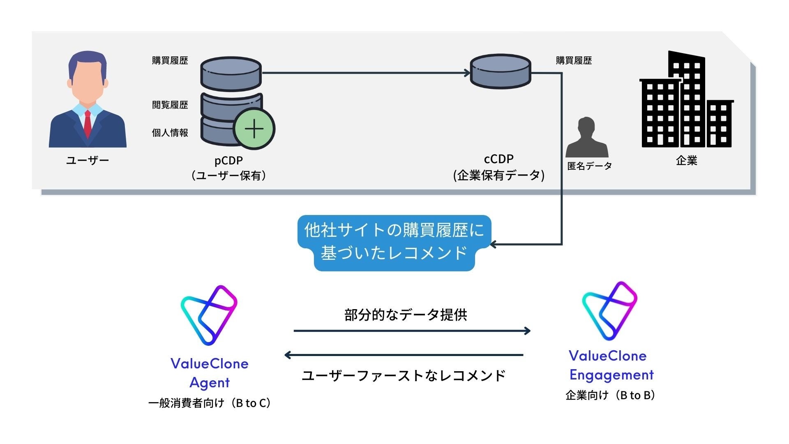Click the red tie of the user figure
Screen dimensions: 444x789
click(88, 124)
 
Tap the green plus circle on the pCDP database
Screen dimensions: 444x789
click(254, 129)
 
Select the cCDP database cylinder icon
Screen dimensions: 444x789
click(500, 72)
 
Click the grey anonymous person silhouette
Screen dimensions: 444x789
click(587, 137)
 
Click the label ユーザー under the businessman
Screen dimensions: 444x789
click(88, 160)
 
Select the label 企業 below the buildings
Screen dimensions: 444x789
click(687, 161)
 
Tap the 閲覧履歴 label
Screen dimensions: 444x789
click(170, 105)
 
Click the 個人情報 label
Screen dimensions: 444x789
click(170, 133)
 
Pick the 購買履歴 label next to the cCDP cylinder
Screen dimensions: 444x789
click(574, 60)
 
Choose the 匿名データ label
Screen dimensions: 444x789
click(589, 166)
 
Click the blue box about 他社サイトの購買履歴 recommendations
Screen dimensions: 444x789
click(394, 242)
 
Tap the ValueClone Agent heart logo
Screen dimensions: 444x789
click(209, 314)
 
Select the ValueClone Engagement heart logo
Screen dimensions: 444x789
click(610, 310)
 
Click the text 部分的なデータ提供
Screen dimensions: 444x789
click(406, 315)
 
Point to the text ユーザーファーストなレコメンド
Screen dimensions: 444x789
click(404, 376)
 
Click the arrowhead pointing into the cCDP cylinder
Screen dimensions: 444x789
click(467, 73)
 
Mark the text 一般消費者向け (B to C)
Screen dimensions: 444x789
click(209, 403)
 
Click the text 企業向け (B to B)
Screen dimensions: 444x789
click(610, 395)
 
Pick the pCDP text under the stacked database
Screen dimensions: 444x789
click(228, 160)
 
